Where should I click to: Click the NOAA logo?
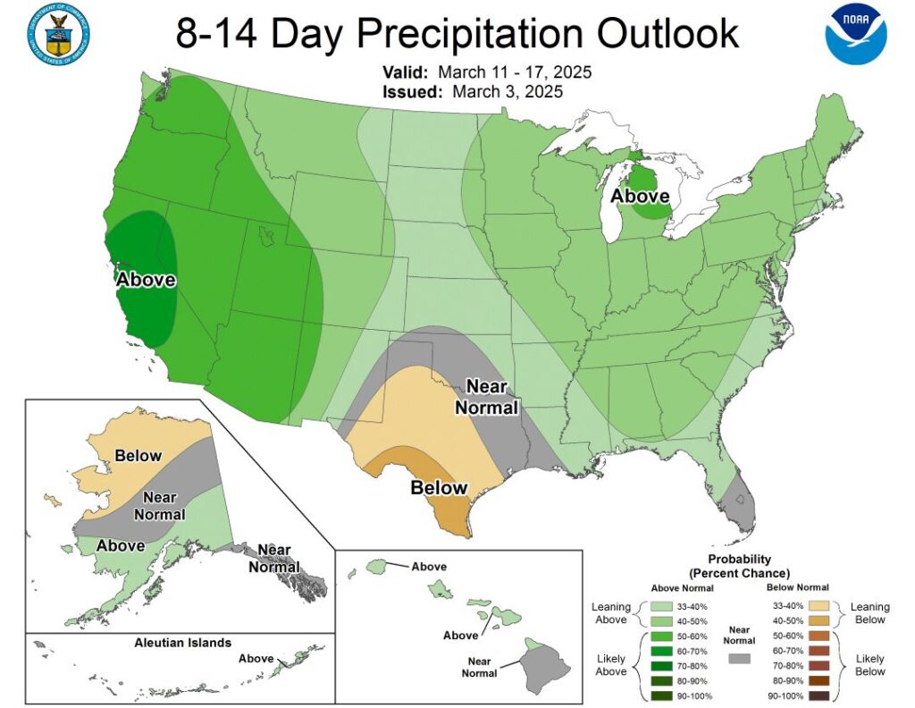click(x=856, y=35)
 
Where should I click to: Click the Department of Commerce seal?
click(x=59, y=33)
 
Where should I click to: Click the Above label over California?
click(x=146, y=280)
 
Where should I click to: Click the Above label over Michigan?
click(x=640, y=196)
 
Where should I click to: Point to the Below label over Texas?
click(x=439, y=487)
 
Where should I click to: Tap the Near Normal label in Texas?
click(x=487, y=397)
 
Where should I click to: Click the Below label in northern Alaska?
click(x=138, y=456)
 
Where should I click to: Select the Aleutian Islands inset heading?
click(x=182, y=642)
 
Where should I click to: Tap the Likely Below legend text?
click(x=870, y=664)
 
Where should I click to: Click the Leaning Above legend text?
click(x=611, y=613)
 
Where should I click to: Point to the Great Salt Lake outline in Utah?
click(x=266, y=237)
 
